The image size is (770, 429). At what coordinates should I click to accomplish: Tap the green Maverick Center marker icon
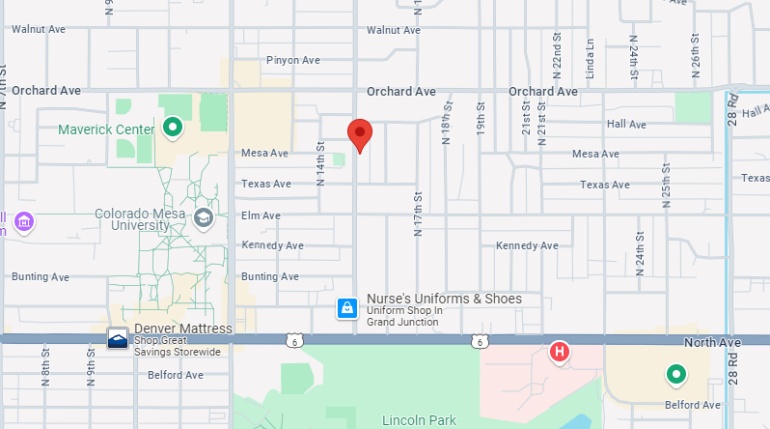[173, 127]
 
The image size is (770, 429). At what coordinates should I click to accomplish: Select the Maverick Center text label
[106, 129]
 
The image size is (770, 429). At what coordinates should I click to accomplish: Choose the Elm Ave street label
[261, 215]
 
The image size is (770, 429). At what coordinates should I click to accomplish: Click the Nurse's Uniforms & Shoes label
[444, 299]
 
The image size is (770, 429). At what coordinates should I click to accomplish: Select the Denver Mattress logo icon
[117, 338]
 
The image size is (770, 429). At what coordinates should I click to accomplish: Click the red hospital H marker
[558, 353]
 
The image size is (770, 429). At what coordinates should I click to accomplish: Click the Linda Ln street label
[590, 58]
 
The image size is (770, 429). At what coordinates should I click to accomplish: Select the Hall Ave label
[626, 124]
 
